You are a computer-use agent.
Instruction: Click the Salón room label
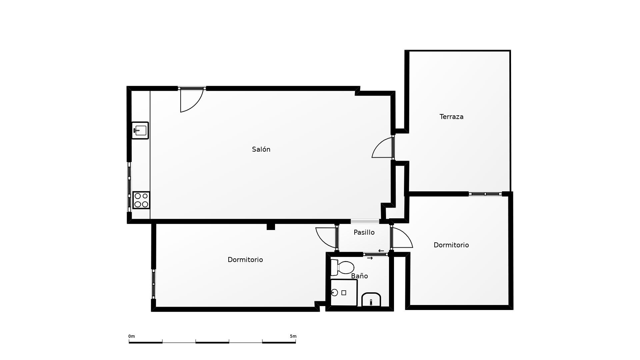pyautogui.click(x=261, y=149)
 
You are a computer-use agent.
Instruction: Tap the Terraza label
pyautogui.click(x=451, y=117)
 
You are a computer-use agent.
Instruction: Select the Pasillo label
pyautogui.click(x=364, y=232)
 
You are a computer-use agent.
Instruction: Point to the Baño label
pyautogui.click(x=359, y=276)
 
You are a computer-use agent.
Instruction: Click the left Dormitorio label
pyautogui.click(x=245, y=260)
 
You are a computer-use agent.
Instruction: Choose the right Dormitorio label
pyautogui.click(x=451, y=245)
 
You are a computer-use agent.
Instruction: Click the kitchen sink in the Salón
pyautogui.click(x=140, y=130)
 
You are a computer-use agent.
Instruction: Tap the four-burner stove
pyautogui.click(x=141, y=200)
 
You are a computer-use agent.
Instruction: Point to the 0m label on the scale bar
pyautogui.click(x=132, y=336)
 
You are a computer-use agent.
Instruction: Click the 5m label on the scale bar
pyautogui.click(x=293, y=336)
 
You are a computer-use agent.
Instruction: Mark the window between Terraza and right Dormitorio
pyautogui.click(x=485, y=194)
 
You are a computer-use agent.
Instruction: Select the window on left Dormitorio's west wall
pyautogui.click(x=154, y=284)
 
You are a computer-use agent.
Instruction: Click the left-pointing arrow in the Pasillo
pyautogui.click(x=381, y=251)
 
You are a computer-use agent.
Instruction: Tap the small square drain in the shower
pyautogui.click(x=344, y=293)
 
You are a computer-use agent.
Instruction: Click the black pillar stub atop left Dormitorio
pyautogui.click(x=271, y=227)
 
